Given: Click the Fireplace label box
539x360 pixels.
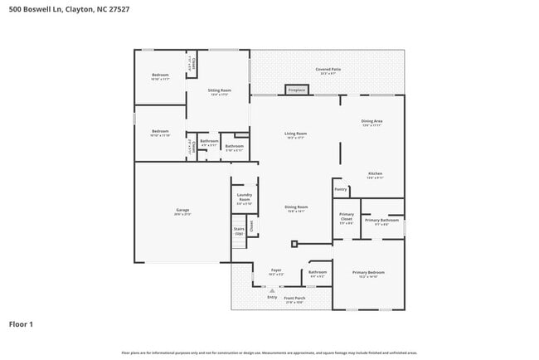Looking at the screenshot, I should [x=296, y=90].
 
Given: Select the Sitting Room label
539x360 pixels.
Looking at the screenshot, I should [x=219, y=92].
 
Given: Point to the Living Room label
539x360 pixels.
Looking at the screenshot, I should [x=296, y=135].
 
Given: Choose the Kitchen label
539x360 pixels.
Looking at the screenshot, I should [x=375, y=175].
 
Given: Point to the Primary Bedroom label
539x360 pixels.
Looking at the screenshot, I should [x=368, y=274].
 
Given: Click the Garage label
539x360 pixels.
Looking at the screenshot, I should [x=182, y=212].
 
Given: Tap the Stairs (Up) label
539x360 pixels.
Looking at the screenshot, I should [x=239, y=231].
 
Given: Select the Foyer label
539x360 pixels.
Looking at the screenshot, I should [x=276, y=271].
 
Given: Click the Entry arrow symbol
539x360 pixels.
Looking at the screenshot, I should [x=271, y=289].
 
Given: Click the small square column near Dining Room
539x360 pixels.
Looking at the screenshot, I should [x=294, y=244].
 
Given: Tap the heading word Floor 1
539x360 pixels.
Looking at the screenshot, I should [x=21, y=324].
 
